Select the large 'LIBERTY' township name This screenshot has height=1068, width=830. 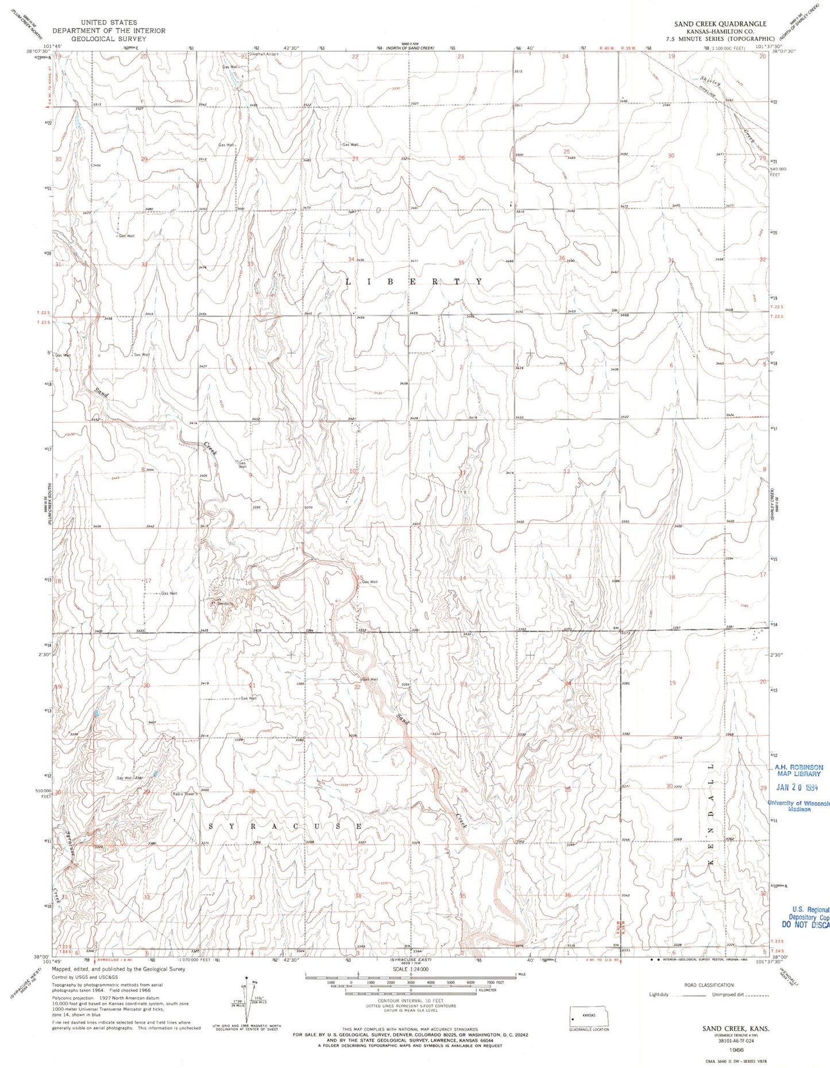click(414, 282)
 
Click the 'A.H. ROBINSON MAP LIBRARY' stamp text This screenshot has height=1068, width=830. click(798, 771)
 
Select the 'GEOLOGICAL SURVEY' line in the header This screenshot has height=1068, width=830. click(109, 38)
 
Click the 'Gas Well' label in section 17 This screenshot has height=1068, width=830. click(169, 593)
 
